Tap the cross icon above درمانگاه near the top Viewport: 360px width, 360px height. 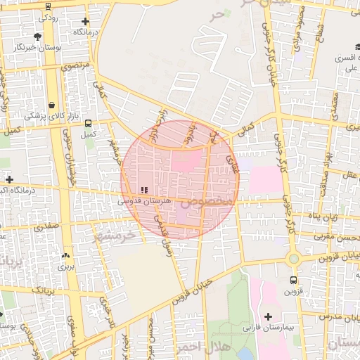click(86, 22)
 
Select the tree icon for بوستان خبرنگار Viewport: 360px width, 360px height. click(37, 36)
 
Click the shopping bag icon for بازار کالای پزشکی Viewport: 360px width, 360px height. click(53, 102)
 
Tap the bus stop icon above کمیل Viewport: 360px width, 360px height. click(88, 121)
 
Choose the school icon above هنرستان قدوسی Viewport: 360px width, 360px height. click(144, 190)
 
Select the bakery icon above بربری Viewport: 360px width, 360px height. click(65, 256)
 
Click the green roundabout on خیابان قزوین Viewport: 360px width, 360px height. click(292, 259)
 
